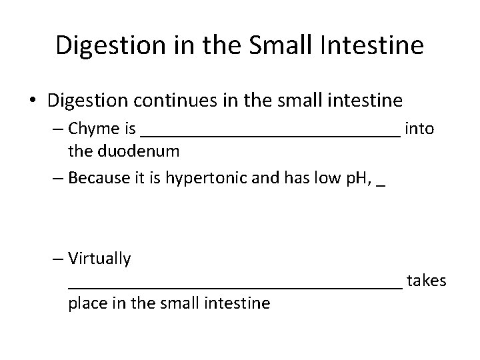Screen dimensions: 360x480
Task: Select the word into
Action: (x=419, y=129)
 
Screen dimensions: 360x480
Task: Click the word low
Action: (x=296, y=178)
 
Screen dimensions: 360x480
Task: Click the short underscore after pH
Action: (x=380, y=185)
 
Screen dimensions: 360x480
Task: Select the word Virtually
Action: (x=99, y=258)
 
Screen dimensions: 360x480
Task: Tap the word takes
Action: (x=426, y=281)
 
